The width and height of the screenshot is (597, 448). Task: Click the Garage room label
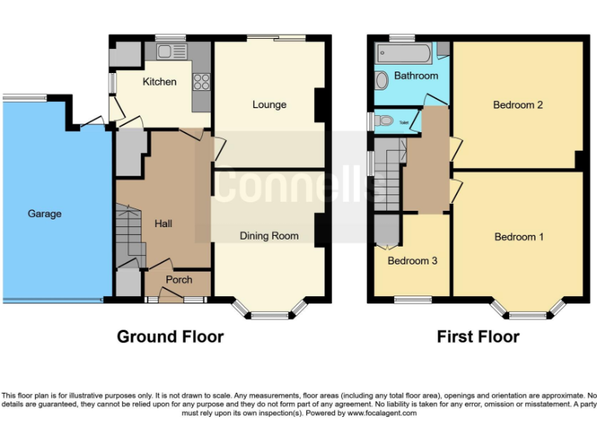point(44,214)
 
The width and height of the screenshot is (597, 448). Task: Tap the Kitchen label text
point(159,82)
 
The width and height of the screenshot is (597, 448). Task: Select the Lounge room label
point(269,105)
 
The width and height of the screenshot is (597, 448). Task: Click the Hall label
point(163,224)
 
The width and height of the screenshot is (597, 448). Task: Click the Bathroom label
point(416,76)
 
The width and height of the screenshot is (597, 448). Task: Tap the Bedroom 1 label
point(519,237)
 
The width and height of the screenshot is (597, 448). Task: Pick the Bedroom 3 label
point(412,261)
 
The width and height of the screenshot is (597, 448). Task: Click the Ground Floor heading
point(170,337)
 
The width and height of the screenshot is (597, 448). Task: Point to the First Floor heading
point(478,337)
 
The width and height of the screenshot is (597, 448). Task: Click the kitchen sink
point(168,52)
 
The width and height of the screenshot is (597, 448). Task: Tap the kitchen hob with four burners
point(201,81)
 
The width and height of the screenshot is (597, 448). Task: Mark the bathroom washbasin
point(382,81)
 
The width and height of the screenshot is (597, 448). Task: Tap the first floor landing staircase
point(387,176)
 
